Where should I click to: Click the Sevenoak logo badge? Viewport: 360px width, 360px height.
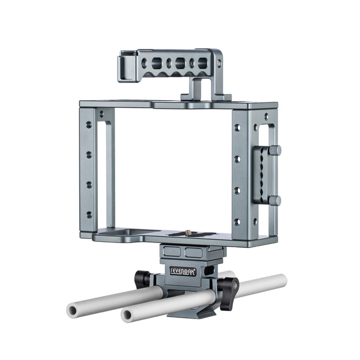[183, 272]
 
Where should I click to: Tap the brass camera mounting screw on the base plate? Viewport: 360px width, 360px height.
[190, 232]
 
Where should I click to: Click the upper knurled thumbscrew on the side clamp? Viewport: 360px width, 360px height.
[275, 150]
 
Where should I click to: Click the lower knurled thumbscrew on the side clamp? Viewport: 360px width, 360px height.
[275, 200]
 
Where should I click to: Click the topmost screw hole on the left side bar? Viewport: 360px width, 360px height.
[89, 125]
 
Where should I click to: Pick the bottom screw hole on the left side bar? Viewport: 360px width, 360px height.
[89, 215]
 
